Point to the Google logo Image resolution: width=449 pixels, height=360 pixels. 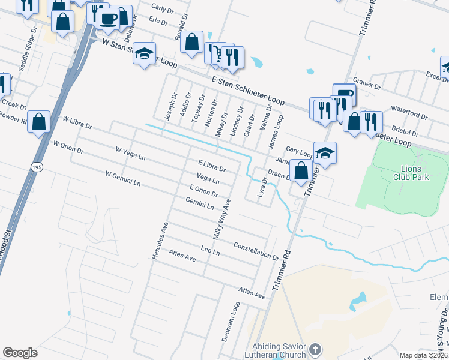pyautogui.click(x=20, y=352)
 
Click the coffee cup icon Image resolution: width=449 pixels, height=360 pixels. pyautogui.click(x=109, y=19)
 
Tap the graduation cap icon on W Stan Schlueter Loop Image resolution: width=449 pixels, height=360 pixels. pyautogui.click(x=144, y=55)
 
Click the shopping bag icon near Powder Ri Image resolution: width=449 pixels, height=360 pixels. pyautogui.click(x=39, y=122)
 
